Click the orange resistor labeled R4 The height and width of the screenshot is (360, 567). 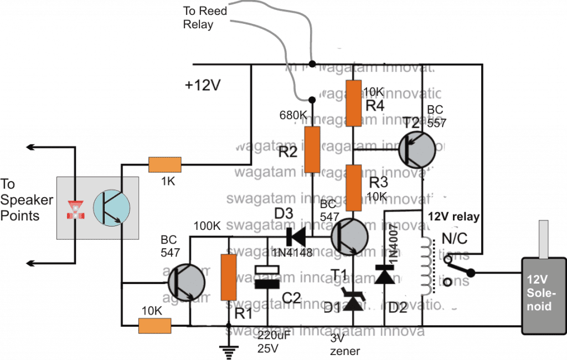349,102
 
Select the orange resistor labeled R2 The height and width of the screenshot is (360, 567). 312,149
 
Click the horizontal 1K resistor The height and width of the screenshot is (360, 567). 164,164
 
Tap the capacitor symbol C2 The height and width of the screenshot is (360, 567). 267,278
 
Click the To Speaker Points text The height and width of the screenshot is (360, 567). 27,200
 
